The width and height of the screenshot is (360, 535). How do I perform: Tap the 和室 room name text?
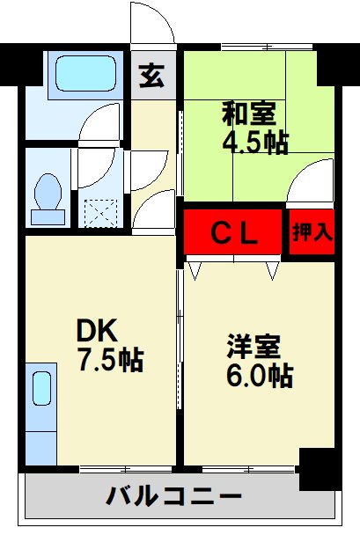(x=249, y=114)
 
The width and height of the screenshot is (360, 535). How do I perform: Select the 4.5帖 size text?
(x=255, y=142)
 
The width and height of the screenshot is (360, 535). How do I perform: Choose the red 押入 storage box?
(x=312, y=233)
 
